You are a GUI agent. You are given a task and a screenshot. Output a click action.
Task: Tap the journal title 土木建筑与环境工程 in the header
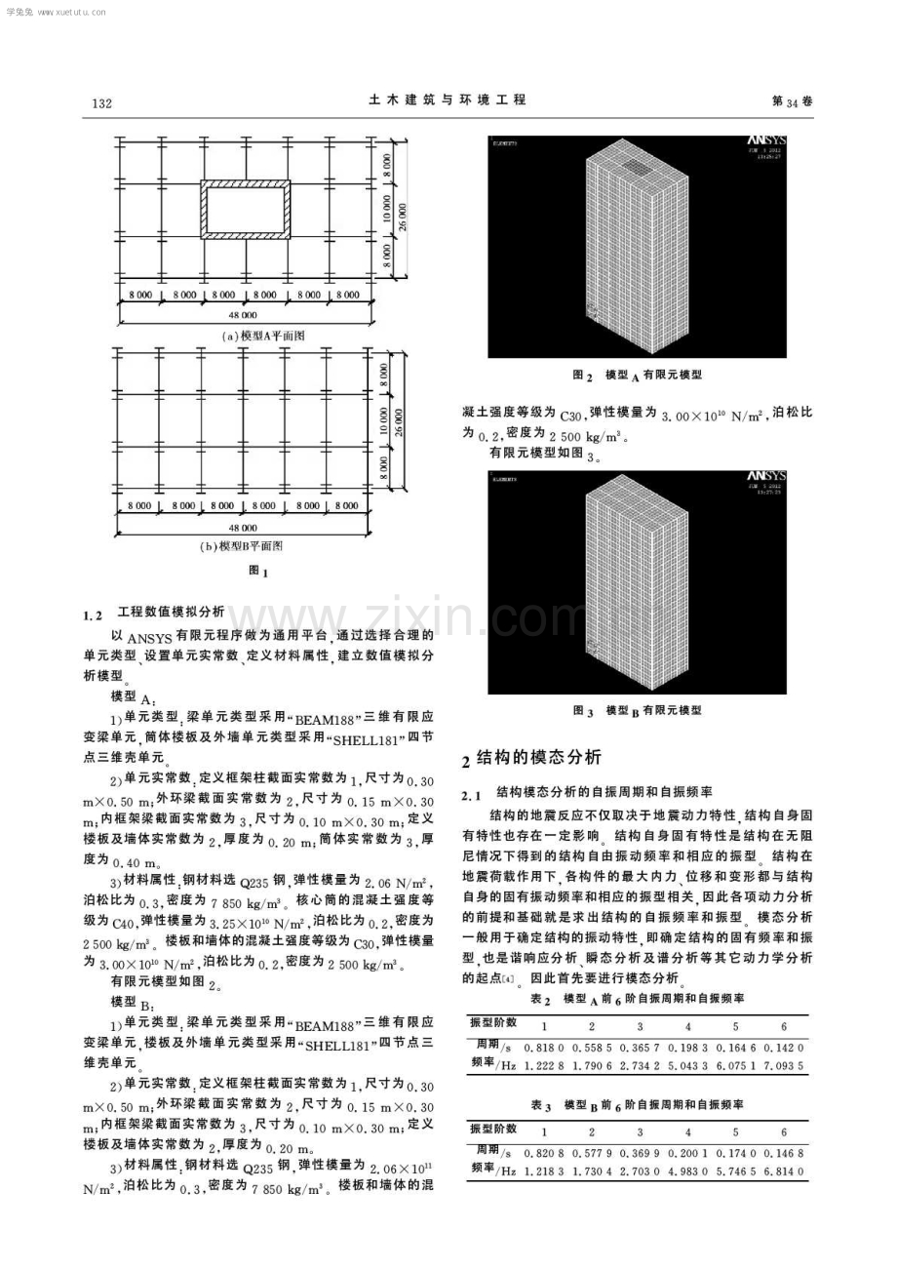click(x=448, y=99)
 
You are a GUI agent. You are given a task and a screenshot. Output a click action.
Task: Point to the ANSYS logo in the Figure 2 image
click(x=768, y=143)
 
